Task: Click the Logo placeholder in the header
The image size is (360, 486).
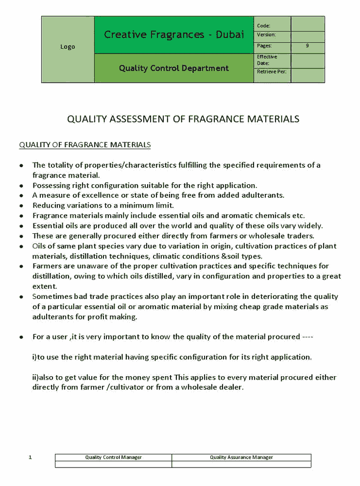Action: click(x=68, y=47)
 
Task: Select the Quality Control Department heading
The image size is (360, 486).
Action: click(x=173, y=68)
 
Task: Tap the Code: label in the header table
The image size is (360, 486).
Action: click(x=263, y=26)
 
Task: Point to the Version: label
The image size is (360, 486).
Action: click(x=266, y=35)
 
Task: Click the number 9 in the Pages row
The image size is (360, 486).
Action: click(x=307, y=46)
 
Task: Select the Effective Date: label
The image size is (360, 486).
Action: click(x=267, y=60)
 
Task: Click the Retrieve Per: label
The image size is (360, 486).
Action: click(x=271, y=71)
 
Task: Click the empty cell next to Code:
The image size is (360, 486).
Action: click(x=308, y=24)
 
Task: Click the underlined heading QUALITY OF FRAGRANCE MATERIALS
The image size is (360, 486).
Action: click(x=85, y=145)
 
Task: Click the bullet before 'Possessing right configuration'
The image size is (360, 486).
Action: click(x=21, y=186)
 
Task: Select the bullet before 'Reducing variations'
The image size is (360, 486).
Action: click(x=21, y=206)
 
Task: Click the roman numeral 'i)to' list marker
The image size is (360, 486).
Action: click(x=38, y=357)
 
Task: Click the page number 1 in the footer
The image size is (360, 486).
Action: click(x=30, y=457)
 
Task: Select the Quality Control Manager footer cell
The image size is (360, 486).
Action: click(x=113, y=457)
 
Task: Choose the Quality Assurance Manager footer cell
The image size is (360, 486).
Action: click(x=241, y=457)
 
